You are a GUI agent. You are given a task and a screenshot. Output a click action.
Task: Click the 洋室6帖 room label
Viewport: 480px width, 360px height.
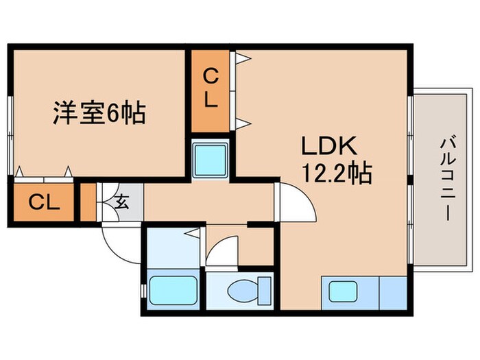click(x=99, y=112)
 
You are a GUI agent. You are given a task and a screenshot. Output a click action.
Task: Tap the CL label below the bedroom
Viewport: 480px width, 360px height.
click(x=44, y=203)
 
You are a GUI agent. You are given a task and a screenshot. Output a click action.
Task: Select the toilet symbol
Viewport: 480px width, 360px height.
click(x=240, y=291)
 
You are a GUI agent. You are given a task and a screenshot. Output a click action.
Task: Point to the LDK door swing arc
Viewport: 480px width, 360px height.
click(x=295, y=200)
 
